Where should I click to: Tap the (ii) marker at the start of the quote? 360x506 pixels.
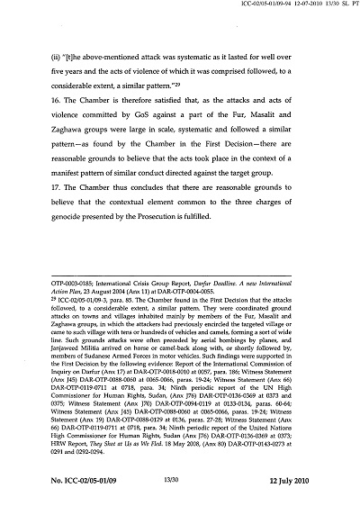coord(55,57)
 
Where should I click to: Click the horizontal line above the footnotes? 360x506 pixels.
coord(179,335)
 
